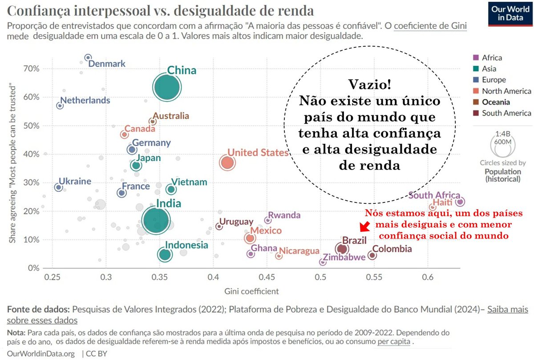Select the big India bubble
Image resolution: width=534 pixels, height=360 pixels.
pos(155,220)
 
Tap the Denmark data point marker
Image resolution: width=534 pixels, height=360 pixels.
pos(88,57)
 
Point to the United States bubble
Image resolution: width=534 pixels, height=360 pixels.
pos(227,163)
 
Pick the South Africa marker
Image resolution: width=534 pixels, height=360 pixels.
pos(460,202)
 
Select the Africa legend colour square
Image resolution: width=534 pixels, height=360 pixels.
pos(475,57)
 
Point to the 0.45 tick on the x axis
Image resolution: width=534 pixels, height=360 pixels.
pos(267,276)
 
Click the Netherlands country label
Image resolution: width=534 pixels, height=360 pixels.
pos(85,100)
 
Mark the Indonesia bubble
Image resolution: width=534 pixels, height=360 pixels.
pos(165,255)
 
